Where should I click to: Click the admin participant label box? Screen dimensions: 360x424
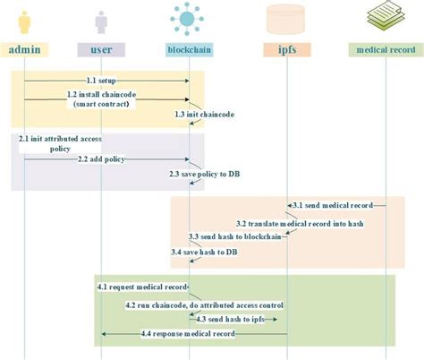pyautogui.click(x=25, y=50)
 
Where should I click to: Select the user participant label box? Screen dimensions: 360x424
pyautogui.click(x=101, y=50)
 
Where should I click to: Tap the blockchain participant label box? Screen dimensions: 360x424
pyautogui.click(x=189, y=50)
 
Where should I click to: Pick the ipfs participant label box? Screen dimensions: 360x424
pyautogui.click(x=287, y=50)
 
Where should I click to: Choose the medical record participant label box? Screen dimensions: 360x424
pyautogui.click(x=385, y=50)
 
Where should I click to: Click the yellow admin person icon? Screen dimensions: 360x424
pyautogui.click(x=24, y=20)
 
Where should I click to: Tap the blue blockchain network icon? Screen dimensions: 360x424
pyautogui.click(x=188, y=18)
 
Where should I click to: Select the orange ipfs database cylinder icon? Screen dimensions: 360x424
pyautogui.click(x=286, y=19)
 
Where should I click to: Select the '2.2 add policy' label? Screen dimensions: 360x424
pyautogui.click(x=102, y=159)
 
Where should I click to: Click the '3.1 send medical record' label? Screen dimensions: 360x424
pyautogui.click(x=335, y=206)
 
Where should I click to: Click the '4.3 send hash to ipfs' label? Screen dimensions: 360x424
pyautogui.click(x=232, y=319)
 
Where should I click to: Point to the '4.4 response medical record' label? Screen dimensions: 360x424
pyautogui.click(x=188, y=334)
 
